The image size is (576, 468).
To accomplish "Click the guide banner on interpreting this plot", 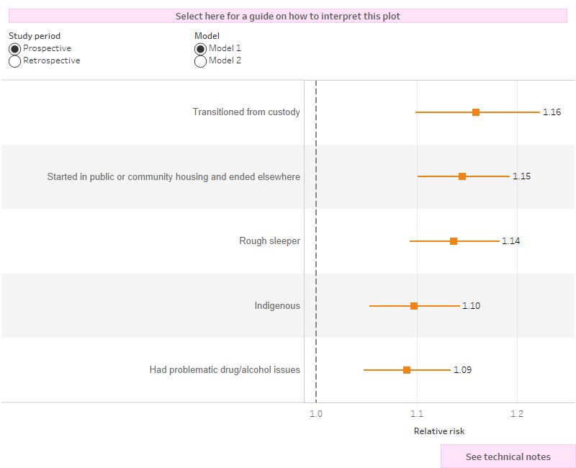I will tap(288, 16).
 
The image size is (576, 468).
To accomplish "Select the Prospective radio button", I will tap(14, 48).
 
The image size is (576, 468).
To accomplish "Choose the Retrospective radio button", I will tap(14, 61).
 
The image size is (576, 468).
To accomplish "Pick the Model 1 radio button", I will tap(200, 48).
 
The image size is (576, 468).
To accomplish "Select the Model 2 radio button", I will tap(200, 61).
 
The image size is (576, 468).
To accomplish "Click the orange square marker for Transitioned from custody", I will tap(476, 112).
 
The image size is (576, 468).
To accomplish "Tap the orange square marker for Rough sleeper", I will tap(454, 241).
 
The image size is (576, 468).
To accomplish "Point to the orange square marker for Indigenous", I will tap(414, 306).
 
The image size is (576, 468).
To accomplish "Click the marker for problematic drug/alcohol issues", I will tap(407, 370).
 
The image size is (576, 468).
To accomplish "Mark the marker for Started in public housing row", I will tap(462, 176).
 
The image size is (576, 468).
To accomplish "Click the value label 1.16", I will tap(552, 112).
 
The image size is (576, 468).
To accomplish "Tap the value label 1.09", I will tap(462, 370).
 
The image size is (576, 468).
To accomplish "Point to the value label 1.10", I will tap(471, 306).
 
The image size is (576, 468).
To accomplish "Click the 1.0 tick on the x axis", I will tap(316, 413).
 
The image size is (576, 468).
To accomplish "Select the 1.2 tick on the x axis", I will tap(517, 413).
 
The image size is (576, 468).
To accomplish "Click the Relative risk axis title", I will tap(439, 431).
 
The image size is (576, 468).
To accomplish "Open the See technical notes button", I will tap(508, 456).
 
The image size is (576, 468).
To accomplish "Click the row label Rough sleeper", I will tap(269, 241).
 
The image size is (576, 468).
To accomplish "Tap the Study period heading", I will tap(35, 36).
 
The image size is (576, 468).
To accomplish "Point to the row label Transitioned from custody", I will tap(246, 112).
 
